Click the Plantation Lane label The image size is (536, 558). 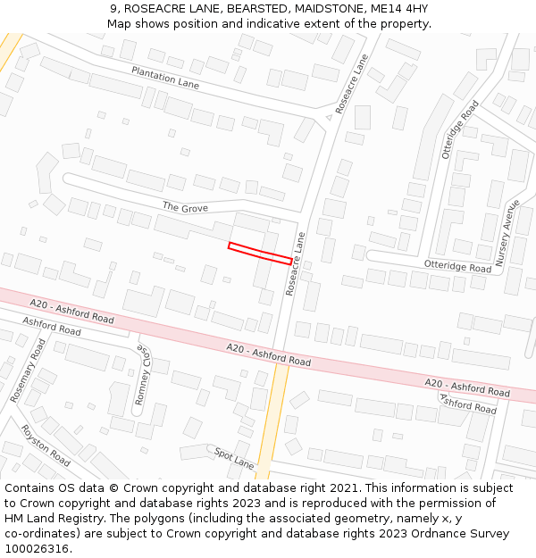[x=165, y=78]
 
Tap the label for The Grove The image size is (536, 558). [x=185, y=207]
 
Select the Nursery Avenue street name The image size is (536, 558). [x=507, y=231]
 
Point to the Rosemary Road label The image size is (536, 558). [x=27, y=370]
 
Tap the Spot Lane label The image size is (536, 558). [x=234, y=458]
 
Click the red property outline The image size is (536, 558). [x=260, y=253]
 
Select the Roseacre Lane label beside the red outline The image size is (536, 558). [x=295, y=264]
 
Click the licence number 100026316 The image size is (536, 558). [x=37, y=549]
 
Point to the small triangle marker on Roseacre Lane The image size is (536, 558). [x=329, y=117]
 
